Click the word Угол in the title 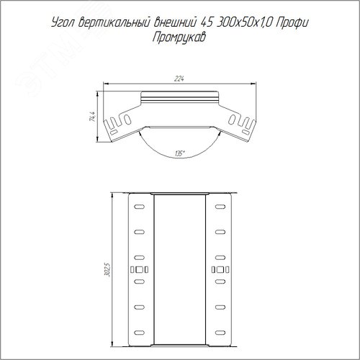pos(63,23)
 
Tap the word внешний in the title pos(175,22)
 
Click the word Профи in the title pos(292,23)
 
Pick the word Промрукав pos(179,37)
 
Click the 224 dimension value pos(179,78)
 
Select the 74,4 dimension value pos(93,117)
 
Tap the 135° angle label pos(179,153)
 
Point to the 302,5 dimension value pos(107,270)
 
